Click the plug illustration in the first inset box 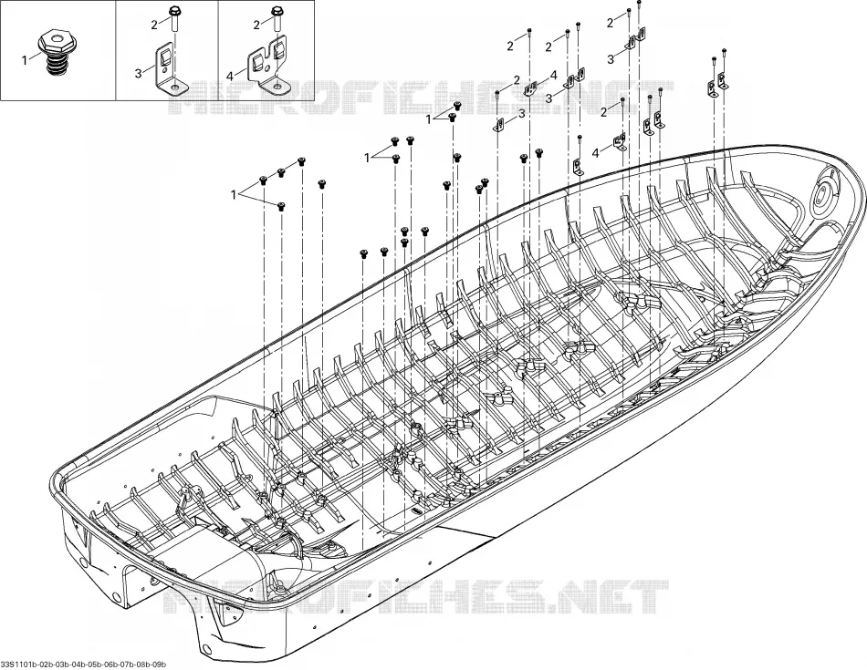pyautogui.click(x=54, y=54)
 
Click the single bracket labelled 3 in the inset pyautogui.click(x=168, y=69)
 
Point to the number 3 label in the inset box pyautogui.click(x=138, y=74)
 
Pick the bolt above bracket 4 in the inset pyautogui.click(x=276, y=19)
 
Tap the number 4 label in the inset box pyautogui.click(x=229, y=73)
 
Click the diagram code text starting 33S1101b pyautogui.click(x=83, y=664)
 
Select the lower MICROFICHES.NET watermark pyautogui.click(x=416, y=596)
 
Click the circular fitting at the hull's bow pyautogui.click(x=824, y=193)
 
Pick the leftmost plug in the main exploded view pyautogui.click(x=263, y=180)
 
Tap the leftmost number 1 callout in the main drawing pyautogui.click(x=234, y=195)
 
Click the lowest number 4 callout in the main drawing pyautogui.click(x=596, y=153)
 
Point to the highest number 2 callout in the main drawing pyautogui.click(x=611, y=23)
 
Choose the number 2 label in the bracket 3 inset pyautogui.click(x=155, y=24)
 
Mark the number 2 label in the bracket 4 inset pyautogui.click(x=256, y=25)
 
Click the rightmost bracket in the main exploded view pyautogui.click(x=722, y=82)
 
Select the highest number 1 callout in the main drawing pyautogui.click(x=429, y=119)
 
